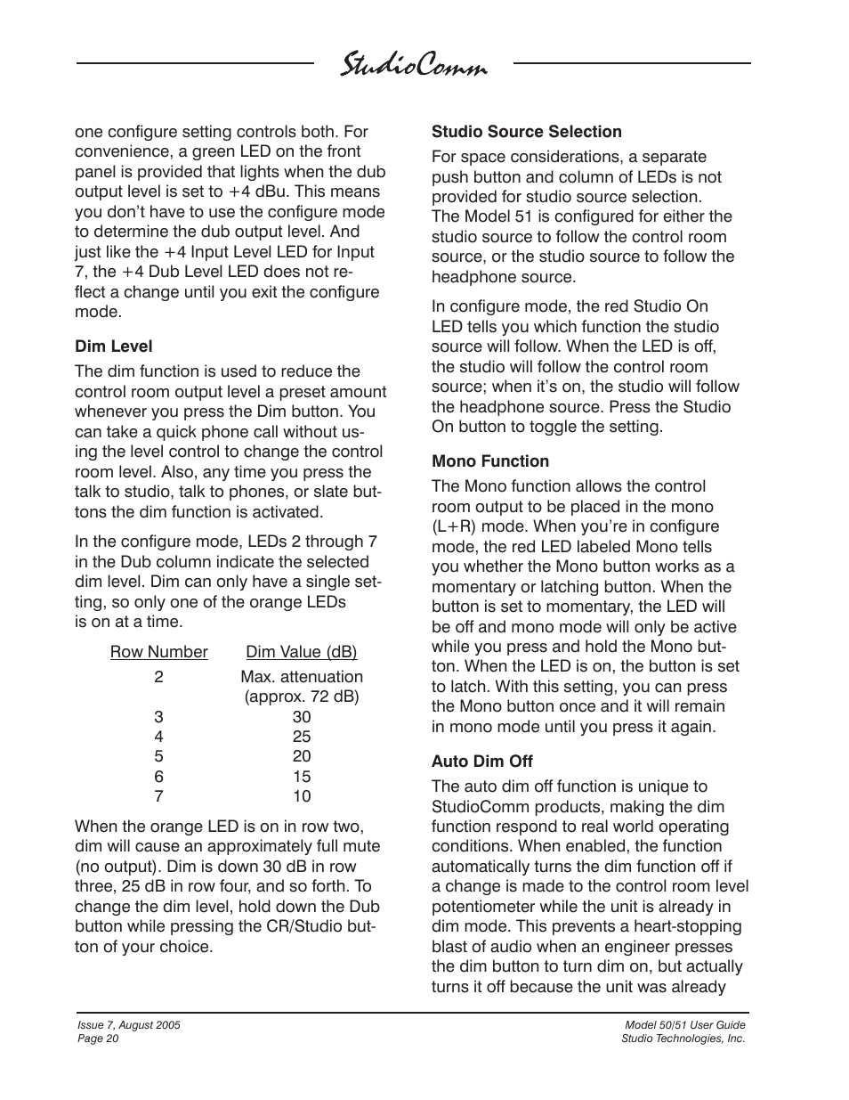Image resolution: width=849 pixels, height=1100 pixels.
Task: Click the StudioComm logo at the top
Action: click(414, 67)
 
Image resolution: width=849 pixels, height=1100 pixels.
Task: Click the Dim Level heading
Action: click(113, 346)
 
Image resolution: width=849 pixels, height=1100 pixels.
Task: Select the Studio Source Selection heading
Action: click(526, 132)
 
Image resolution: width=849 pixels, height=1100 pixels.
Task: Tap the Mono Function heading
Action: click(489, 461)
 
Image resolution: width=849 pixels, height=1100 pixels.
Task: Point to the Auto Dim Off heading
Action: click(481, 762)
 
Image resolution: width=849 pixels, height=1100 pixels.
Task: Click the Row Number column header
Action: click(158, 652)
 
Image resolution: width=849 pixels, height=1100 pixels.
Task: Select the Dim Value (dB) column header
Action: click(301, 652)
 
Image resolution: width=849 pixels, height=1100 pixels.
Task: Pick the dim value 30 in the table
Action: click(301, 717)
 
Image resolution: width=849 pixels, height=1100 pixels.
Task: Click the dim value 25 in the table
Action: click(301, 737)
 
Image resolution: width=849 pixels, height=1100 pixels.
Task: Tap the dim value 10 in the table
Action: click(301, 796)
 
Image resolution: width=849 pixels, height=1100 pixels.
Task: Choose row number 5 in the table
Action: click(158, 757)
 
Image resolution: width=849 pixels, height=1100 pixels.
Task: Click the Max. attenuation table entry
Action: click(301, 677)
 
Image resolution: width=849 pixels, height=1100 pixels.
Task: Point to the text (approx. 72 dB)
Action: click(301, 697)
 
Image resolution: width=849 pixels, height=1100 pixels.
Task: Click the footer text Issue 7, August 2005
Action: click(129, 1025)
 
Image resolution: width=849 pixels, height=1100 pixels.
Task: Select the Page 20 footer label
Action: click(99, 1039)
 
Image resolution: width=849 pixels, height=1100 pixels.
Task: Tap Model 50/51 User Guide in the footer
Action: click(684, 1025)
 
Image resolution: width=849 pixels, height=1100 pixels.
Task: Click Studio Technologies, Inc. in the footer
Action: click(683, 1039)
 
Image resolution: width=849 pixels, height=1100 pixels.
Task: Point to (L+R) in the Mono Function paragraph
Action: click(455, 526)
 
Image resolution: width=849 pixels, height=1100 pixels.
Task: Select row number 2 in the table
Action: click(158, 677)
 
